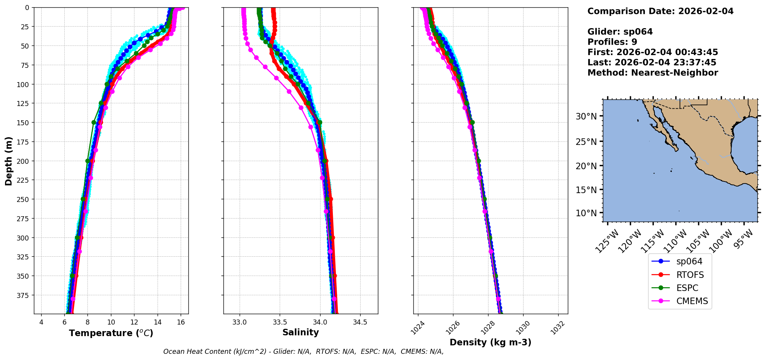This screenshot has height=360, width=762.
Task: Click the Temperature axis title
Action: tap(111, 333)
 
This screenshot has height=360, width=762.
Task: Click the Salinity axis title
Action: tap(300, 332)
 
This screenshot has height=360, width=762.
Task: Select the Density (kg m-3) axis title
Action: tap(490, 342)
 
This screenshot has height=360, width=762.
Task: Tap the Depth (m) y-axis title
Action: tap(8, 161)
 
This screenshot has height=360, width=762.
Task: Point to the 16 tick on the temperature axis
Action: tap(181, 322)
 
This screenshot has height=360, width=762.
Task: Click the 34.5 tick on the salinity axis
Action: tap(360, 322)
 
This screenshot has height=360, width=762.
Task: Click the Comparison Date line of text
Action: tap(660, 11)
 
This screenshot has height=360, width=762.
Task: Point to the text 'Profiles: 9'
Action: tap(612, 42)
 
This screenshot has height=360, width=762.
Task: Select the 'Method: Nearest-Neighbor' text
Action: tap(653, 73)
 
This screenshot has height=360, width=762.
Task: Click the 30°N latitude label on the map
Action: tap(586, 116)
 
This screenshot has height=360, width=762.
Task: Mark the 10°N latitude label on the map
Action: tap(586, 213)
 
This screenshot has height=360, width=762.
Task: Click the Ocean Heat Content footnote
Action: tap(303, 352)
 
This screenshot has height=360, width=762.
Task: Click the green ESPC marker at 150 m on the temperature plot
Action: tap(94, 122)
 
